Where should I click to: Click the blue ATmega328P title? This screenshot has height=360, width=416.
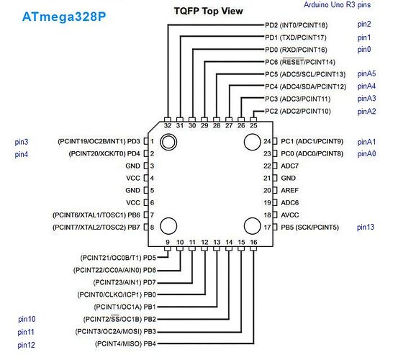pyautogui.click(x=64, y=17)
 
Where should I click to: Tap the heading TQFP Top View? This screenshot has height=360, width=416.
pyautogui.click(x=208, y=11)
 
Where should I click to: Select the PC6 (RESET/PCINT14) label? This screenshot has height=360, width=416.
pyautogui.click(x=300, y=62)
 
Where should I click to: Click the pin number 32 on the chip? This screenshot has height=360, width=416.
pyautogui.click(x=168, y=125)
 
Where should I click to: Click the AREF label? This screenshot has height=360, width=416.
pyautogui.click(x=290, y=190)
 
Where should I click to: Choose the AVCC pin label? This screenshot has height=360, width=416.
pyautogui.click(x=290, y=215)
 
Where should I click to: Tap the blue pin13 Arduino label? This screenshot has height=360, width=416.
pyautogui.click(x=366, y=227)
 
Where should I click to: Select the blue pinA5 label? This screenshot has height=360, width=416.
pyautogui.click(x=366, y=73)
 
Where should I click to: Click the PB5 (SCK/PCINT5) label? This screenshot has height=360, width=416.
pyautogui.click(x=310, y=228)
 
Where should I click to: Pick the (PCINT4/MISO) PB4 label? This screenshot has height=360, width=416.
pyautogui.click(x=125, y=344)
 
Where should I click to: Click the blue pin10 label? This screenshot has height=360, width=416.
pyautogui.click(x=27, y=319)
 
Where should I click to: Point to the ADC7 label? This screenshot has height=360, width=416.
pyautogui.click(x=290, y=166)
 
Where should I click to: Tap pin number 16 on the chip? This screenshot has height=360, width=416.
pyautogui.click(x=253, y=242)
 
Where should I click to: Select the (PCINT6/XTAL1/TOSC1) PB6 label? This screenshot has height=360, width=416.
pyautogui.click(x=96, y=215)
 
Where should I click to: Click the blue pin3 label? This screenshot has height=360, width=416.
pyautogui.click(x=21, y=142)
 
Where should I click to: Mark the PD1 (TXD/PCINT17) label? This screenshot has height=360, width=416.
pyautogui.click(x=296, y=37)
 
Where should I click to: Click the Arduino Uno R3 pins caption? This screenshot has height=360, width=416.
pyautogui.click(x=337, y=4)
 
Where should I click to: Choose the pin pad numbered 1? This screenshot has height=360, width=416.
pyautogui.click(x=146, y=141)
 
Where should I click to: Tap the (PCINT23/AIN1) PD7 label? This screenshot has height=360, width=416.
pyautogui.click(x=125, y=282)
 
